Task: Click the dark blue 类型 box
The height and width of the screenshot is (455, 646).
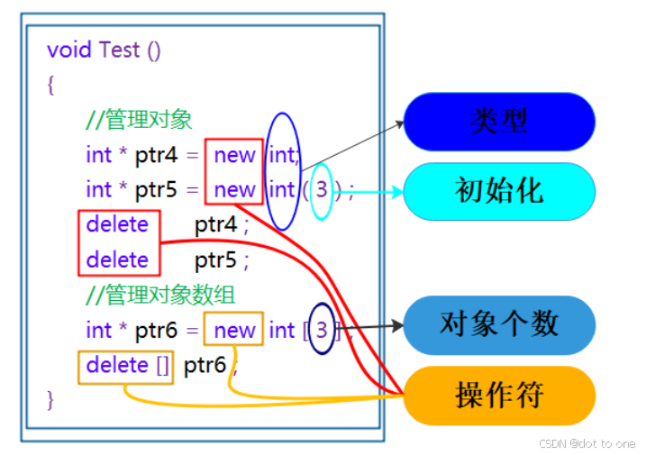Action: point(499,122)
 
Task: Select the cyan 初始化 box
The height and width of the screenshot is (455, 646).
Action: point(499,191)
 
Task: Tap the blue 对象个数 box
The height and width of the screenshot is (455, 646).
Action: point(499,324)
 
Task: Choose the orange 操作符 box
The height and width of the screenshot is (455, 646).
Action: point(499,395)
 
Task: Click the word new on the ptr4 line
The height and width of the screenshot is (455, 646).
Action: point(234,155)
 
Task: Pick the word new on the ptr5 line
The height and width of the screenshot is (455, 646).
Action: point(234,189)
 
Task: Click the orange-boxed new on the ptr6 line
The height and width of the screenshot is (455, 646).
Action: point(234,331)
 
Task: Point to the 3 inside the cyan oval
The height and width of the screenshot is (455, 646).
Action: point(322,190)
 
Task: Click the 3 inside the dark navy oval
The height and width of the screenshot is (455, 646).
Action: point(322,331)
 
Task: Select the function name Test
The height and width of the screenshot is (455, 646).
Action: point(120,50)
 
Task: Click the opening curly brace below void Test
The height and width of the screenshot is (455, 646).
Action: point(50,85)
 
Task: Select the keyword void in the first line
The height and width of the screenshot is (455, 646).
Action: point(69,50)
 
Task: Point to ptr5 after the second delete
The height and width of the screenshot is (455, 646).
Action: point(215,260)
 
